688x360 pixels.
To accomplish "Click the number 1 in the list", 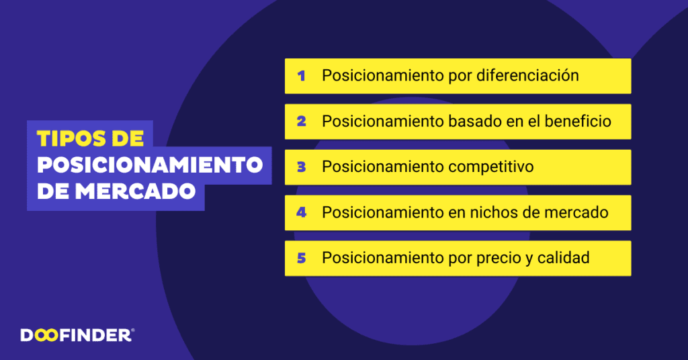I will tap(301, 76).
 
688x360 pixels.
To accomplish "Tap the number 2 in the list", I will tap(301, 122).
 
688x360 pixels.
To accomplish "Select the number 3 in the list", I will tap(301, 167).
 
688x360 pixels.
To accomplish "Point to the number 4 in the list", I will tap(301, 213).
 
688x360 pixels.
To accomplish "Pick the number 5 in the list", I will tap(301, 258).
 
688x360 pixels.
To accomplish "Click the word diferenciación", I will tap(527, 75).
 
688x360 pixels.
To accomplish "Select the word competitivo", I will tap(491, 167).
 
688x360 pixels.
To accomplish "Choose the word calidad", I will tap(563, 257).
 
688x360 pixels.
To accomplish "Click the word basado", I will tap(471, 122).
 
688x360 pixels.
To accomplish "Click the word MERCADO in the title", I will tap(135, 191).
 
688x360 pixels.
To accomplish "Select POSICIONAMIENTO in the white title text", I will tap(149, 165).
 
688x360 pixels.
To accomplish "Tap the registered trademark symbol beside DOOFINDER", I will tap(132, 330).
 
